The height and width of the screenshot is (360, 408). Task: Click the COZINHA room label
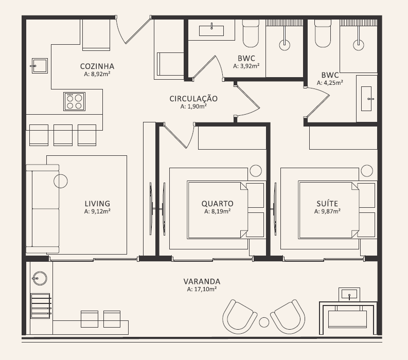[97, 66]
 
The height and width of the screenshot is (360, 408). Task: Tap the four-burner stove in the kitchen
[75, 101]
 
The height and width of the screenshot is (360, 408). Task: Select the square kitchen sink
[40, 66]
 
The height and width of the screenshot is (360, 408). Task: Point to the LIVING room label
[97, 204]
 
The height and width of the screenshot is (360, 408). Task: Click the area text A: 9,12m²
[97, 211]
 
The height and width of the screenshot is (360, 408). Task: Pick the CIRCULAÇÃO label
[193, 99]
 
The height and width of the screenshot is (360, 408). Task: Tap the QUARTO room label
[217, 204]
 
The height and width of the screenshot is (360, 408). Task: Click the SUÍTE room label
[327, 203]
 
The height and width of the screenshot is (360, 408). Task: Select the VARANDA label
[202, 281]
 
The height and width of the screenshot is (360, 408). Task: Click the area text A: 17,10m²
[202, 289]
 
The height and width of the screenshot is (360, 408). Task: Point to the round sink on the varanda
[40, 278]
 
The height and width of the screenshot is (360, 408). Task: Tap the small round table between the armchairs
[264, 322]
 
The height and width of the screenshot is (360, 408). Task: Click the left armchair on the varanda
[239, 317]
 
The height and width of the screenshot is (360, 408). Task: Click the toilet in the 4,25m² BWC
[323, 33]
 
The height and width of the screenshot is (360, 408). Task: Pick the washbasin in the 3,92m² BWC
[211, 30]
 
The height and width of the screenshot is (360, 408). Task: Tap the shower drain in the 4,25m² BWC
[359, 45]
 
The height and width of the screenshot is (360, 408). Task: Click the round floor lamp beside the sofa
[61, 181]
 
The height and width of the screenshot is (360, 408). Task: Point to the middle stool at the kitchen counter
[63, 135]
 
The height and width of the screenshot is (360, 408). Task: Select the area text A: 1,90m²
[193, 106]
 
